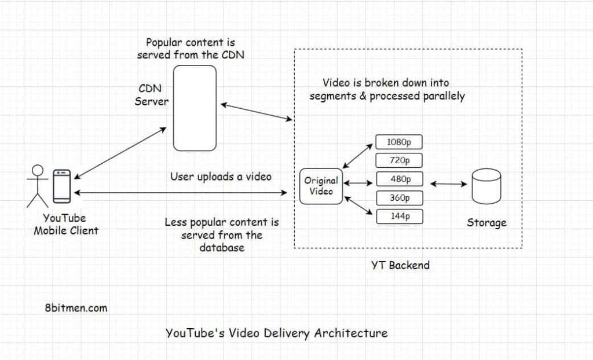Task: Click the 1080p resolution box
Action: (x=399, y=141)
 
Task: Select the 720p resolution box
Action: (x=399, y=160)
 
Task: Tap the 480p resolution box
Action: (x=399, y=179)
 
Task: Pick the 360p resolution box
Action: (x=399, y=198)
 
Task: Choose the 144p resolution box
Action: (x=399, y=217)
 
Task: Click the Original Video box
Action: (x=321, y=185)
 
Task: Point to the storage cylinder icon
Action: (x=486, y=187)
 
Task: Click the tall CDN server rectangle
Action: (x=195, y=108)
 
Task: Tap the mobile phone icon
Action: (x=61, y=186)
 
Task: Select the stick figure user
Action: (x=38, y=186)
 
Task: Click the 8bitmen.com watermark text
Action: (x=75, y=308)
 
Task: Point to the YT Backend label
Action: (x=400, y=266)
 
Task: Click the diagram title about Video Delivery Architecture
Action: (x=276, y=333)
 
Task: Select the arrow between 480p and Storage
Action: (x=448, y=184)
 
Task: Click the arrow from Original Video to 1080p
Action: (x=359, y=153)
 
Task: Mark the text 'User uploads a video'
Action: (x=221, y=177)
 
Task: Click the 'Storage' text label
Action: (x=486, y=223)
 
